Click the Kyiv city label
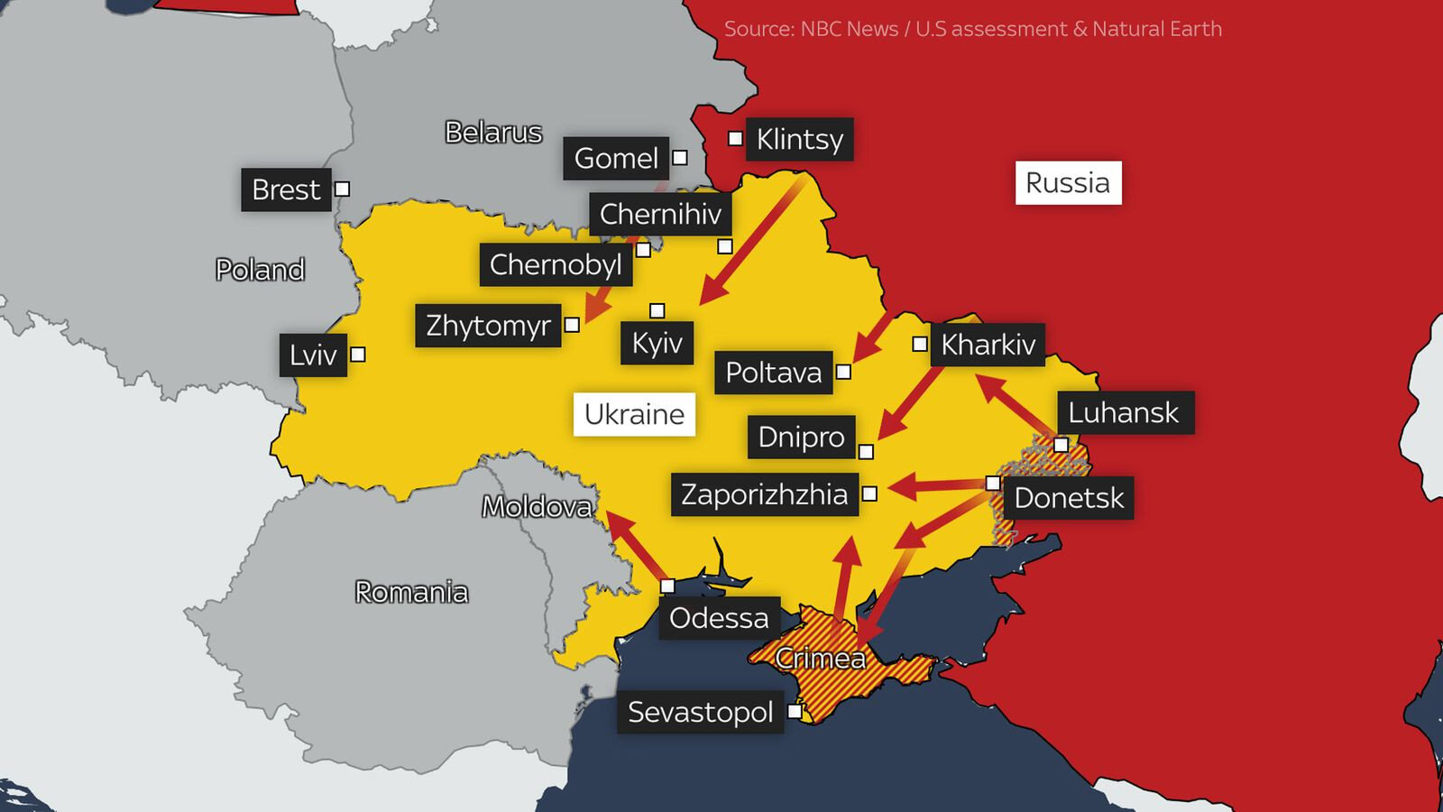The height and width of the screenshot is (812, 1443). pos(657,343)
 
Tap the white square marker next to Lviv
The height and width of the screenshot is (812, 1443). pos(358,355)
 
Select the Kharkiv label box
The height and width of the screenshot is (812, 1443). pos(988,345)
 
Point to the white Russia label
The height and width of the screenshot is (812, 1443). pos(1068,183)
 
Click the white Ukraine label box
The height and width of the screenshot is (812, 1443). pos(634,415)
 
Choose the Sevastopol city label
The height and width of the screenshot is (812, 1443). pos(700,712)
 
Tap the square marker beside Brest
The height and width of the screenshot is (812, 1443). pos(342,189)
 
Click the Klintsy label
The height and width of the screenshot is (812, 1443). pos(799,140)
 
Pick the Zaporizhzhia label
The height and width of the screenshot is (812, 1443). pos(764,494)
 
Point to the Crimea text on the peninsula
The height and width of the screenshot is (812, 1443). pos(820,659)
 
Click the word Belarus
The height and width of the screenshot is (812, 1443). pos(493,133)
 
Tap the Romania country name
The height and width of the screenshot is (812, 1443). pos(411,593)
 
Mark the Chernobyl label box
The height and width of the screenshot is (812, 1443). pos(556,264)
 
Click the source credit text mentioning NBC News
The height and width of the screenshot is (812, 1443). pos(972,29)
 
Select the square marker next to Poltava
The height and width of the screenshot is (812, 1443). pos(843,372)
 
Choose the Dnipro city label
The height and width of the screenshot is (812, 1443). pos(801,437)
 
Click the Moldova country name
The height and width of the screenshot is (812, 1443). pos(537,507)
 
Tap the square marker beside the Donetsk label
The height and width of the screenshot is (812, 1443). pos(993,484)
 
